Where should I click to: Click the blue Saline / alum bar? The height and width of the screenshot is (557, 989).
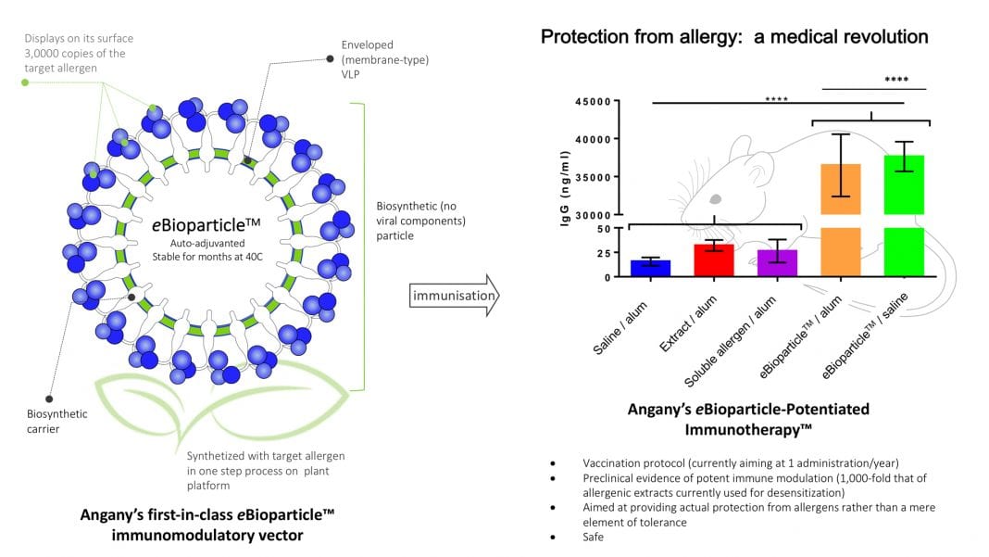(x=651, y=268)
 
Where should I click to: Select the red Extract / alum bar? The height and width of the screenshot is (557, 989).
(x=714, y=260)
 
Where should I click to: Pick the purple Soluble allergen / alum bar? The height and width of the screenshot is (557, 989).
(x=777, y=263)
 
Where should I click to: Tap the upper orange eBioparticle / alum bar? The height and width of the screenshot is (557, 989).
(x=841, y=189)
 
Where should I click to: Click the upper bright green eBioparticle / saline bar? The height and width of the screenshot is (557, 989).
(x=906, y=184)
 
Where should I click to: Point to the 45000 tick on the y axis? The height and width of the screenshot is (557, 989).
(x=593, y=102)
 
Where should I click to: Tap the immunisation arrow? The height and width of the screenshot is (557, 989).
(x=453, y=296)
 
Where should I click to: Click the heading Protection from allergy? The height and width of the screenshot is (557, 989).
(x=733, y=37)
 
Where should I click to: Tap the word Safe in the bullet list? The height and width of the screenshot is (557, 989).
(x=594, y=535)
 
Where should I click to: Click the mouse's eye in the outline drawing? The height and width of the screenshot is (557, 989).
(x=716, y=198)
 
